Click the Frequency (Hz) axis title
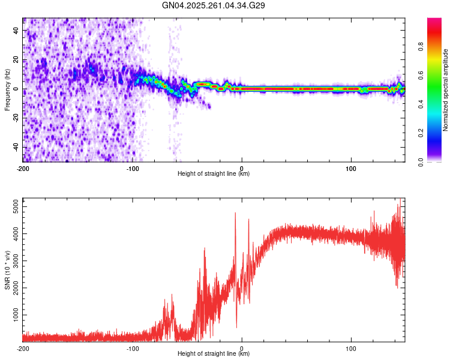[x=7, y=90]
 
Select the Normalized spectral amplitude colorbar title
[x=446, y=90]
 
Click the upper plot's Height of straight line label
[x=214, y=173]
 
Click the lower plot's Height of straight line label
[x=214, y=353]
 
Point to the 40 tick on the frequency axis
[x=16, y=31]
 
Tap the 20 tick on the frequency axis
[x=16, y=60]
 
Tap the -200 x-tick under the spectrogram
[x=23, y=167]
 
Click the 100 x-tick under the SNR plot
[x=351, y=348]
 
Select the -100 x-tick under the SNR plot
[x=133, y=348]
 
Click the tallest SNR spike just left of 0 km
[x=235, y=213]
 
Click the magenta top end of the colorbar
[x=434, y=21]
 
